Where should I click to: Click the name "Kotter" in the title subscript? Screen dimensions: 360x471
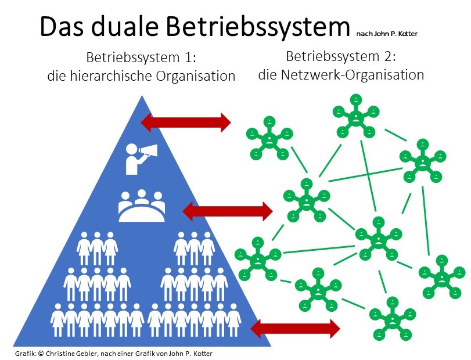point(408,33)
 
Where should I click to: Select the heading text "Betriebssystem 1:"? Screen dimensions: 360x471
point(141,59)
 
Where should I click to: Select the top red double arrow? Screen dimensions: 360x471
point(186,121)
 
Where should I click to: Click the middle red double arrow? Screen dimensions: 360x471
point(228,210)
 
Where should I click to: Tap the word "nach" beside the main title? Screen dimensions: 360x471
point(365,33)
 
